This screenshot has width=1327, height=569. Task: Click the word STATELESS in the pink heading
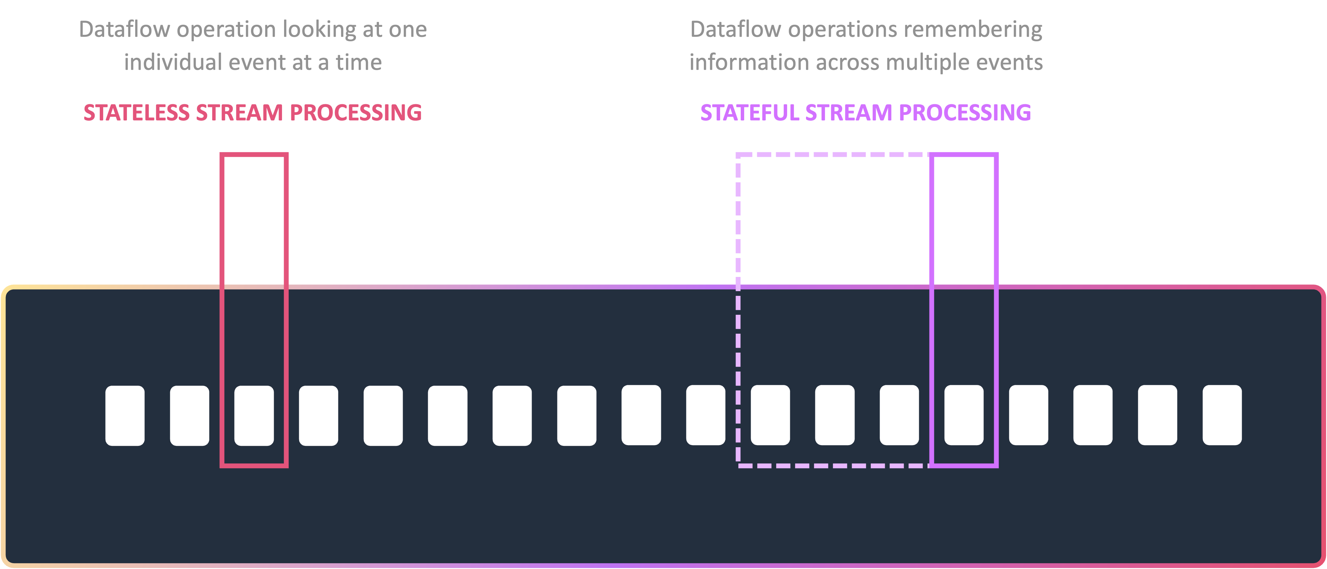[x=137, y=113]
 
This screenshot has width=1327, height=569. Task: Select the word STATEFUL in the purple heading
[x=750, y=113]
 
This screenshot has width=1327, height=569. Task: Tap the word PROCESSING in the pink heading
[x=356, y=113]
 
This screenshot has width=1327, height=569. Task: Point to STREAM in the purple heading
[x=848, y=113]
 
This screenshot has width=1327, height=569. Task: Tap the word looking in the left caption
[x=319, y=30]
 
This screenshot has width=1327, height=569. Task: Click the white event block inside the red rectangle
[x=254, y=416]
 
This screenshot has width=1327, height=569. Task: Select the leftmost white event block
[x=125, y=416]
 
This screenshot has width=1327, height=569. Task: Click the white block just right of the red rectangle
[x=318, y=416]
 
